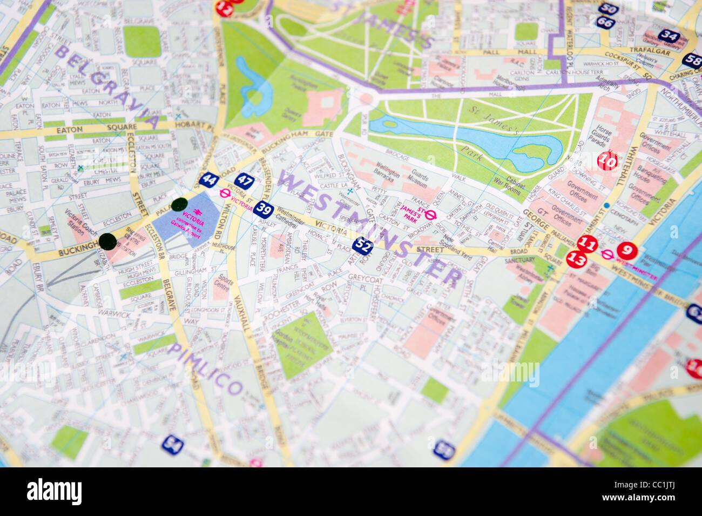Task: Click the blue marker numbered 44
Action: tap(208, 179)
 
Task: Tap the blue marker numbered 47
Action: tap(244, 180)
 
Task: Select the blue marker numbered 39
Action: tap(264, 209)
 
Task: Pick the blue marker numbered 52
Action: tap(363, 246)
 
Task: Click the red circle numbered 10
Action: tap(607, 160)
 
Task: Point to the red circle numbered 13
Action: tap(577, 259)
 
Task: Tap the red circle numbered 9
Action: tap(626, 250)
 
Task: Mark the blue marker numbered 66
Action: tap(605, 23)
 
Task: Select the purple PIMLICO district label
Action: tap(205, 368)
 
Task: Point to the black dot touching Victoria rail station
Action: tap(179, 204)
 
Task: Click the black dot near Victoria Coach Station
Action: tap(107, 241)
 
